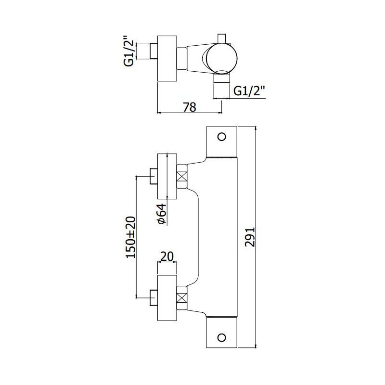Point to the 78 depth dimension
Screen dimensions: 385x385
(190, 107)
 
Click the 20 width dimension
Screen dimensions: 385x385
(167, 257)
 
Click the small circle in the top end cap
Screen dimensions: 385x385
(222, 137)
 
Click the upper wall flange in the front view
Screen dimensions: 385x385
(167, 176)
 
